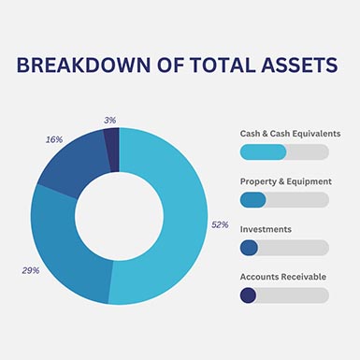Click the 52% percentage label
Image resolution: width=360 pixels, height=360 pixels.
pyautogui.click(x=220, y=224)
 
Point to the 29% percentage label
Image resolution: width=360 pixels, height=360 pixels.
pyautogui.click(x=30, y=270)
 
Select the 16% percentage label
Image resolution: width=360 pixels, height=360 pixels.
pyautogui.click(x=54, y=139)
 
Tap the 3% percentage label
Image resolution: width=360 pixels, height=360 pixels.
pyautogui.click(x=110, y=120)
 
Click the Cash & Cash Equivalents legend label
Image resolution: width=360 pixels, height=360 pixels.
pyautogui.click(x=290, y=134)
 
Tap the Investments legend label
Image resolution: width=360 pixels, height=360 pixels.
pyautogui.click(x=266, y=229)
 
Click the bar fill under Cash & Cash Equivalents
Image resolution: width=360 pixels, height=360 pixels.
pyautogui.click(x=263, y=151)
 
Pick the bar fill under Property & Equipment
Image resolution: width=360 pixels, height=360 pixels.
pyautogui.click(x=252, y=199)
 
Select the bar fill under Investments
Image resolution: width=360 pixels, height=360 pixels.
pyautogui.click(x=249, y=248)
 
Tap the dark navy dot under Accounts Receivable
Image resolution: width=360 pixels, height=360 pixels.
pyautogui.click(x=248, y=295)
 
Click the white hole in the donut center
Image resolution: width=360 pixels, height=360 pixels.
pyautogui.click(x=119, y=216)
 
